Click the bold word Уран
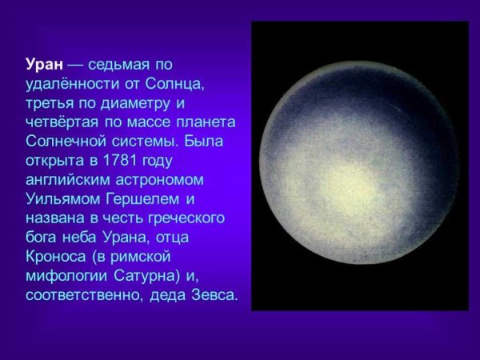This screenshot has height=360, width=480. pos(42,64)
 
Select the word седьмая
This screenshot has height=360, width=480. pos(120,64)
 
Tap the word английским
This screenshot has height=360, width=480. pos(66,179)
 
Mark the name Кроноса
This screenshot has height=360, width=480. pos(54,257)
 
